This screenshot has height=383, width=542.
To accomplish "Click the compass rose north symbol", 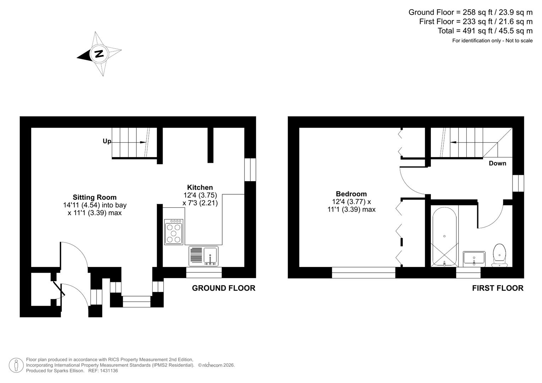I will [99, 54].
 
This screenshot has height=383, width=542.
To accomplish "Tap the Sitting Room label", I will [94, 198].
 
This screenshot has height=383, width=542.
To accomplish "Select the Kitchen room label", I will [200, 188].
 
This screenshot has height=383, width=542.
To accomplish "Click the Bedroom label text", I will [351, 194].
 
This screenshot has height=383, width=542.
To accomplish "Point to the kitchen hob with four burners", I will [174, 232].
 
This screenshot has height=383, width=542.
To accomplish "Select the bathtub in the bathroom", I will [444, 236].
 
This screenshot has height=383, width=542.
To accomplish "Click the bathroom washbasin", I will [474, 259].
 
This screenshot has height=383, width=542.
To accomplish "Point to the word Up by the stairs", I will [107, 141].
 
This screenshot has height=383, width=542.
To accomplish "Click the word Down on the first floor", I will [497, 163].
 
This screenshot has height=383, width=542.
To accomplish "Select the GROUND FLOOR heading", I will [224, 288].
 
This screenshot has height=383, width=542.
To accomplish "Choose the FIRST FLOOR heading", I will [498, 288].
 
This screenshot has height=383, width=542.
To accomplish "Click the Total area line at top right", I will [485, 31].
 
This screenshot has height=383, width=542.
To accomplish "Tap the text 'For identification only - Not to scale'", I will [492, 41].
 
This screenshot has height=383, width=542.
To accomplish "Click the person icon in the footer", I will [16, 365].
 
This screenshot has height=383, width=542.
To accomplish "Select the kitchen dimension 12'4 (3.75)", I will [200, 195].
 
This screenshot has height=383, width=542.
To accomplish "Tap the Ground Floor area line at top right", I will [470, 12].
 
